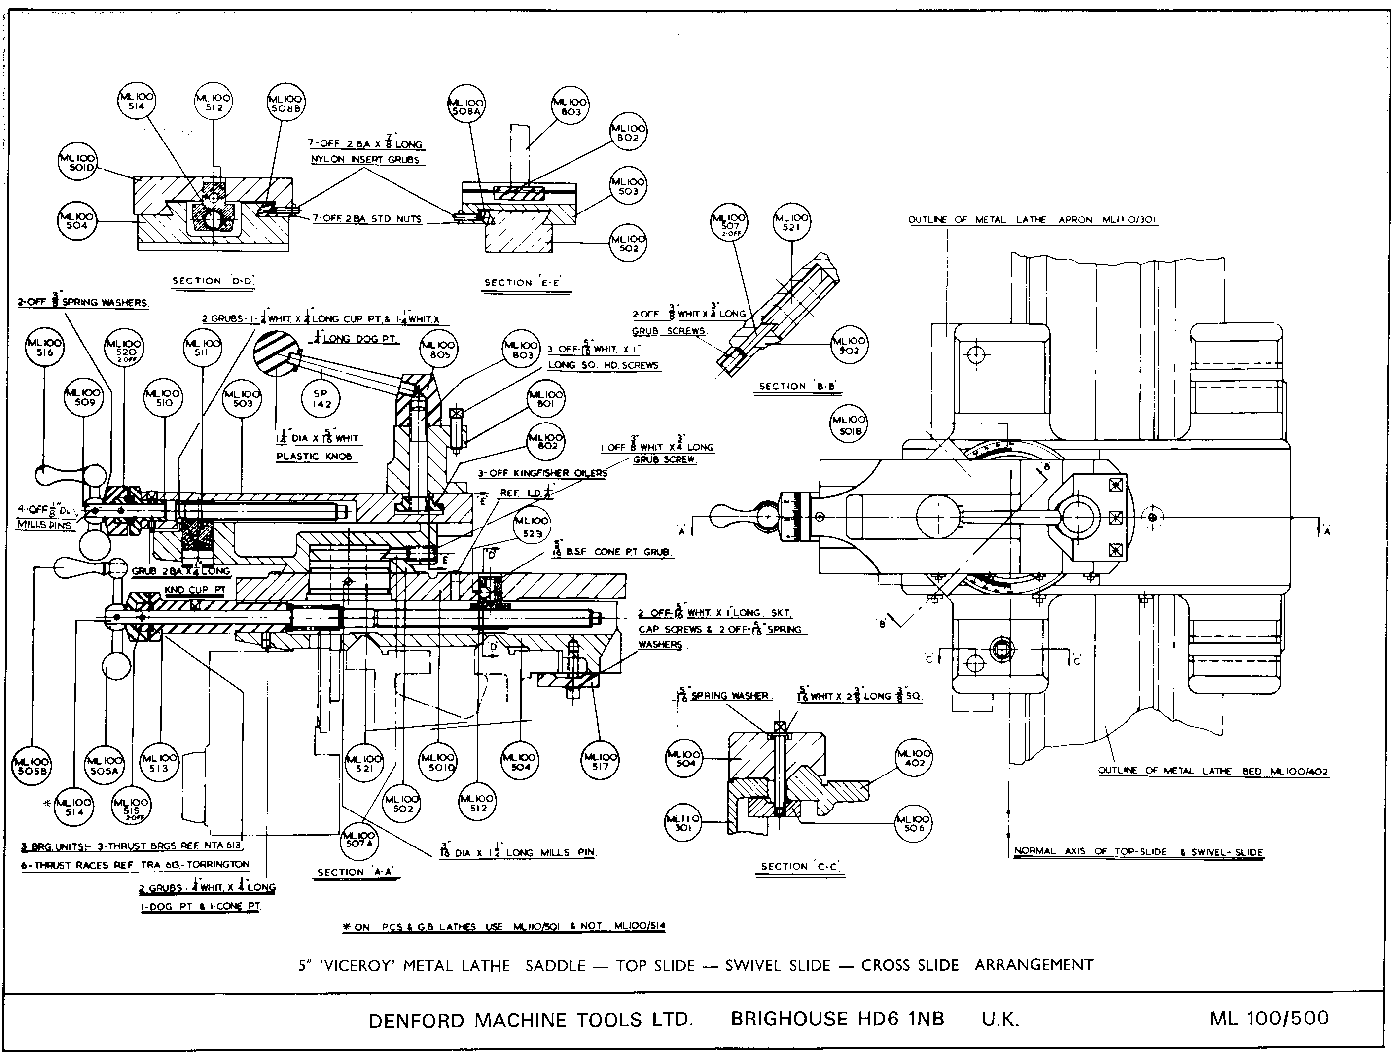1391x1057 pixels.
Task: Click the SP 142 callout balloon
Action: point(321,399)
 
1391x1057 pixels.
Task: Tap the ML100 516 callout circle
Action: point(45,348)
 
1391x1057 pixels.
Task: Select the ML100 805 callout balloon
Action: point(439,350)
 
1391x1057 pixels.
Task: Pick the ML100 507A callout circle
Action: point(359,839)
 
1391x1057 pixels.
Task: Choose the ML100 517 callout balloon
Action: point(600,762)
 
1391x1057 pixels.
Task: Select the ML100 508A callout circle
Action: point(466,107)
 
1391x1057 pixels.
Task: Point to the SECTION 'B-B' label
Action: point(797,387)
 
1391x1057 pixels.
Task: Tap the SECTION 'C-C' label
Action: point(799,866)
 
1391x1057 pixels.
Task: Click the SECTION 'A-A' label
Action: point(356,872)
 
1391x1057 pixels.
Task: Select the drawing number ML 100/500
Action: point(1268,1018)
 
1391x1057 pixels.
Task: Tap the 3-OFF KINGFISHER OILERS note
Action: point(542,473)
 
